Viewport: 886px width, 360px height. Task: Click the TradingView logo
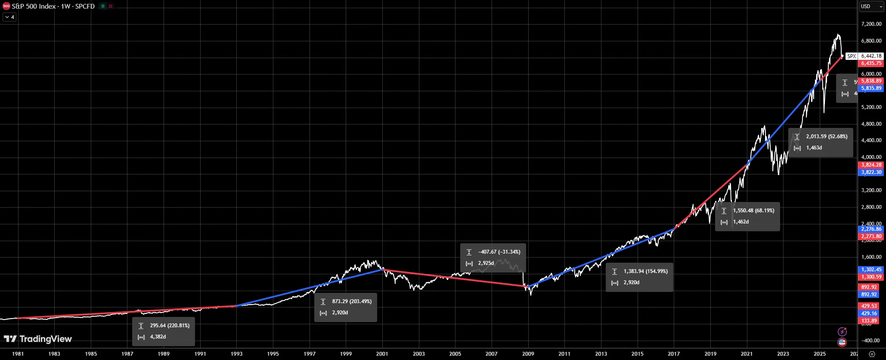tap(38, 339)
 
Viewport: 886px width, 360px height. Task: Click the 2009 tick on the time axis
tap(528, 354)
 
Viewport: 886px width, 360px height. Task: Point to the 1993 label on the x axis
tap(236, 354)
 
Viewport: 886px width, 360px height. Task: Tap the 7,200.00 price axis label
tap(871, 24)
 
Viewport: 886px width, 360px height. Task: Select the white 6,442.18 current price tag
tap(871, 56)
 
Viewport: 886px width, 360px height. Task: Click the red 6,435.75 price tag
tap(871, 63)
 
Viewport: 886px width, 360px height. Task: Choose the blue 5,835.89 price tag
tap(871, 88)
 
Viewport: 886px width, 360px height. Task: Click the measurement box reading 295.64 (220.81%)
tap(164, 331)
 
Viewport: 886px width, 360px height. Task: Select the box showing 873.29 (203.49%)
tap(346, 307)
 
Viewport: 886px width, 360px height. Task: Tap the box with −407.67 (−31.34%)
tap(493, 258)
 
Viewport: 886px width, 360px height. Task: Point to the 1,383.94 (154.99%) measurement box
tap(639, 277)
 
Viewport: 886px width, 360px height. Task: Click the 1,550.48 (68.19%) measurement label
tap(747, 216)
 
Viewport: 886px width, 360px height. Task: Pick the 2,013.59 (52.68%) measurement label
tap(821, 142)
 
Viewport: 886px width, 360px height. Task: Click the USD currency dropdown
tap(871, 6)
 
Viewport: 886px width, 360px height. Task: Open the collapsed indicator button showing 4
tap(9, 17)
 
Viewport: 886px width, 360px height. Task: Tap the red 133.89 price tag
tap(869, 321)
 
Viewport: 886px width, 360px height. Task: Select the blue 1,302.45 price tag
tap(871, 270)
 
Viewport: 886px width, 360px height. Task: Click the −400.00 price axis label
tap(871, 340)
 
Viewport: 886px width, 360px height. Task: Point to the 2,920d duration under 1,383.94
tap(632, 282)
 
